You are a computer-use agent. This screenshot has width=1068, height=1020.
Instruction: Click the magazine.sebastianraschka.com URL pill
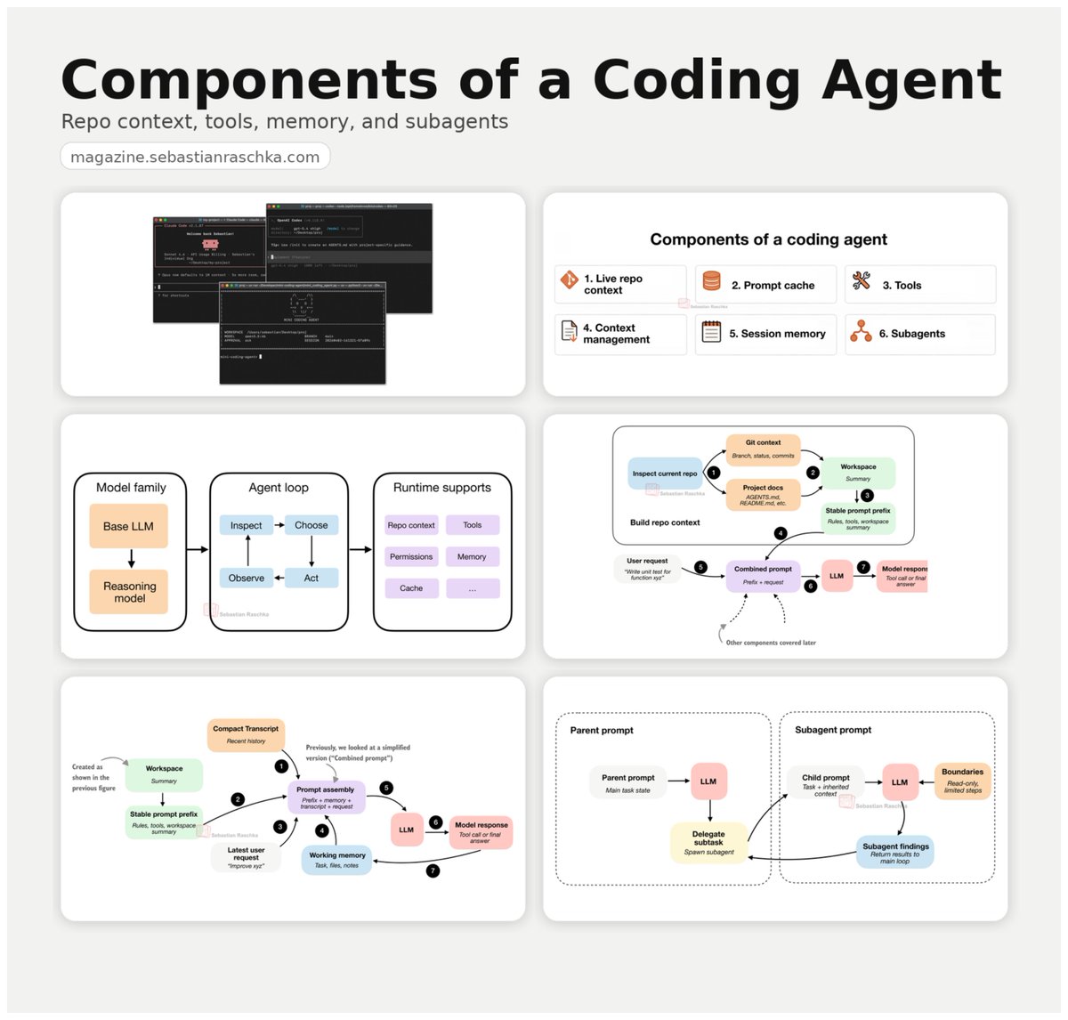pos(195,157)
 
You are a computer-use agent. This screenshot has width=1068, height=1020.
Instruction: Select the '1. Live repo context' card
pos(620,284)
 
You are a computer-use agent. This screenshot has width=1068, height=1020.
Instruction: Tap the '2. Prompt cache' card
pos(765,285)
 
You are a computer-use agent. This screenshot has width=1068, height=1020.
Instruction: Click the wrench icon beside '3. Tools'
pos(861,282)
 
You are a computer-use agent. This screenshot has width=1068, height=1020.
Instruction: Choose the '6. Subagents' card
pos(919,334)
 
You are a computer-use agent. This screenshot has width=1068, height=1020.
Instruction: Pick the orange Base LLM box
pos(129,526)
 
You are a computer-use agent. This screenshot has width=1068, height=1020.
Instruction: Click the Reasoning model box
pos(129,592)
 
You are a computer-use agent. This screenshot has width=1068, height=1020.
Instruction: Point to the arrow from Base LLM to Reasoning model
pos(131,559)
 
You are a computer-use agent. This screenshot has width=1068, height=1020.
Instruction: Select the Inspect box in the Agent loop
pos(247,525)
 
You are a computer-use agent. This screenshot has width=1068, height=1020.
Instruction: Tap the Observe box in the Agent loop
pos(247,578)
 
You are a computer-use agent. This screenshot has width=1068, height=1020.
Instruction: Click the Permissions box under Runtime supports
pos(411,556)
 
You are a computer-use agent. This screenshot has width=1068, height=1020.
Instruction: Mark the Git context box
pos(763,449)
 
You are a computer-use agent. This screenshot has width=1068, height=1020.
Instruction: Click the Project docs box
pos(763,495)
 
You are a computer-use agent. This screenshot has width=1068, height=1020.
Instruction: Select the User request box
pos(647,568)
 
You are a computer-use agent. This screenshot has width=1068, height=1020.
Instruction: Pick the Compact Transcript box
pos(246,734)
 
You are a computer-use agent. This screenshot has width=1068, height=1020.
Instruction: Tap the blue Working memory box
pos(337,860)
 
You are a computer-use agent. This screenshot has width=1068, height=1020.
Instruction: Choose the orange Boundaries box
pos(962,781)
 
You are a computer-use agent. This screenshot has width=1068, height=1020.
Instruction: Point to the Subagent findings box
pos(895,852)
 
